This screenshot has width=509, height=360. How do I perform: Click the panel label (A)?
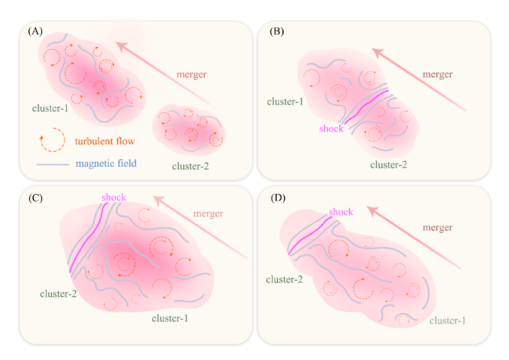[35, 31]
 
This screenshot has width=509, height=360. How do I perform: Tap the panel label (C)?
[35, 198]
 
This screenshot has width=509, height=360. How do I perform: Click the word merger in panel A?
[191, 74]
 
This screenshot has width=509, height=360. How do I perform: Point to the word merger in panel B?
[438, 74]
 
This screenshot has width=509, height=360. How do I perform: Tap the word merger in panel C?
[208, 214]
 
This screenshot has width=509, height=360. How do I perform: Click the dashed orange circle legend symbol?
[52, 140]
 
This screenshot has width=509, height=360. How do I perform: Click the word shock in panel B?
[331, 129]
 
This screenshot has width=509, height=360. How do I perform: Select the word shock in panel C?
[114, 197]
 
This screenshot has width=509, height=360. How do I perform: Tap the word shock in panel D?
[341, 212]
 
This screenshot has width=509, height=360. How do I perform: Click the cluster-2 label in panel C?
[58, 293]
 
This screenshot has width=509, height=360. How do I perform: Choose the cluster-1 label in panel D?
[448, 320]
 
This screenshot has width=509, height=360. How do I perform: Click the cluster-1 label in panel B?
[285, 100]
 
